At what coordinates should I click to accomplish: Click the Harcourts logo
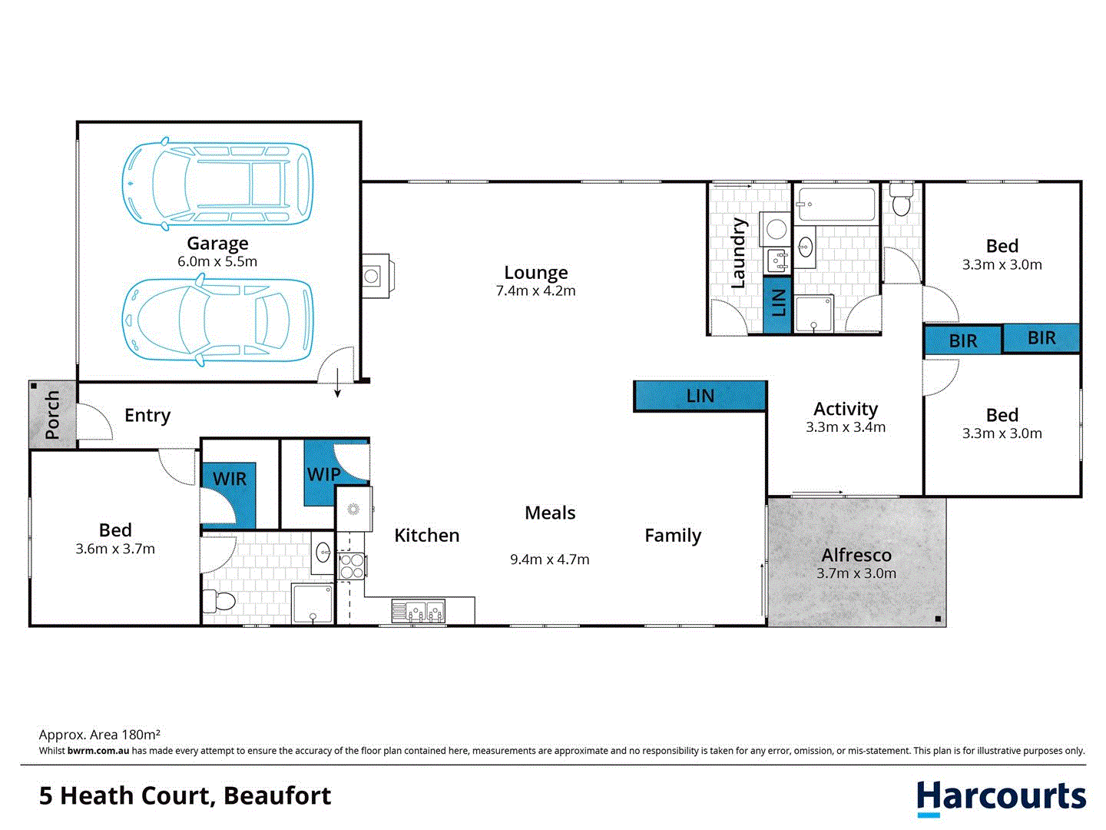click(x=1001, y=798)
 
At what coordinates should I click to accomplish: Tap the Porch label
click(x=52, y=415)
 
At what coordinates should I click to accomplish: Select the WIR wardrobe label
click(x=230, y=479)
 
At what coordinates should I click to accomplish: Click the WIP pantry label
click(x=323, y=474)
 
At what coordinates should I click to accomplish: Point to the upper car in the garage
click(x=217, y=184)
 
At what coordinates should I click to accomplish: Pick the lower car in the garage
click(x=217, y=320)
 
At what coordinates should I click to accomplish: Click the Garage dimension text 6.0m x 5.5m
click(x=217, y=261)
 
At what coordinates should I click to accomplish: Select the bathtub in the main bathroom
click(x=836, y=204)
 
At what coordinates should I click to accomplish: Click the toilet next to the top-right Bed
click(x=901, y=201)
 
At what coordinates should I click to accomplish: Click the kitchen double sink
click(x=419, y=612)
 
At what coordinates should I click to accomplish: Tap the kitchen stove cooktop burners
click(x=352, y=566)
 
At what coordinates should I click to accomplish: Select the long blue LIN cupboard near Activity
click(x=700, y=396)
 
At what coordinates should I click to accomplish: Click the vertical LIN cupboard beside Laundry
click(x=778, y=303)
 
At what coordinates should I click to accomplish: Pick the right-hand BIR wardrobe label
click(x=1041, y=338)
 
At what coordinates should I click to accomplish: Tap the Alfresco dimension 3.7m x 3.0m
click(x=856, y=573)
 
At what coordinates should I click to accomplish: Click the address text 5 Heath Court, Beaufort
click(x=185, y=795)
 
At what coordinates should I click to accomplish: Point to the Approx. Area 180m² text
click(x=100, y=735)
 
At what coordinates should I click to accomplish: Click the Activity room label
click(x=846, y=409)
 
